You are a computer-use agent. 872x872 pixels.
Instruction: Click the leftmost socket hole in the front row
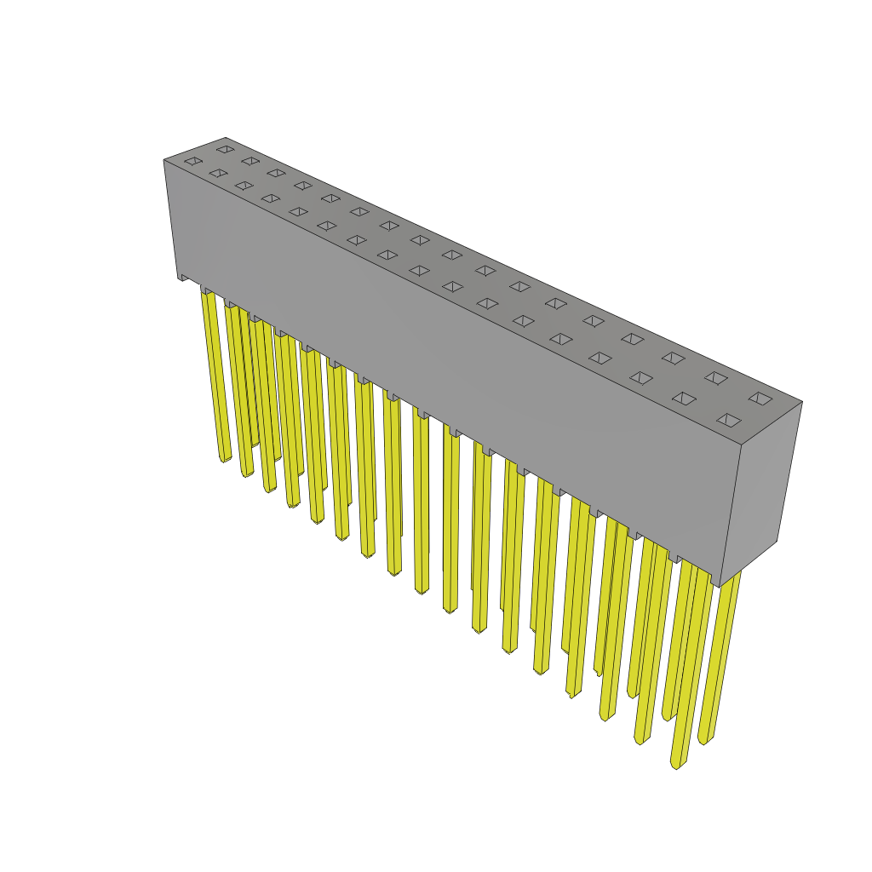[x=193, y=161]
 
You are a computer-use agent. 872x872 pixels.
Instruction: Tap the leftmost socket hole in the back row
[x=225, y=149]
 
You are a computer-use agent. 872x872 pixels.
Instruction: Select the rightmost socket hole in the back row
[x=760, y=398]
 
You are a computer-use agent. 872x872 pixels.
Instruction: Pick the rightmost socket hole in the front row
[x=729, y=420]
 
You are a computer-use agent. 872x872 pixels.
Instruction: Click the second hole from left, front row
[x=218, y=173]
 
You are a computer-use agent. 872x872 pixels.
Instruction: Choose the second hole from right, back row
[x=716, y=377]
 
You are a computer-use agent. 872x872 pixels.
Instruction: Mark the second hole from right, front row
[x=684, y=398]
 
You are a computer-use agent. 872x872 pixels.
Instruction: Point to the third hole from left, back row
[x=276, y=173]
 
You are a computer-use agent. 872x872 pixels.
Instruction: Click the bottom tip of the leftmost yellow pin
[x=226, y=460]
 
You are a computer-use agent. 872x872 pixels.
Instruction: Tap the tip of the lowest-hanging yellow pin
[x=676, y=766]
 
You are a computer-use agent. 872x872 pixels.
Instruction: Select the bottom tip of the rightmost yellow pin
[x=704, y=741]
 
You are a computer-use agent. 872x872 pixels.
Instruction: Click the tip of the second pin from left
[x=248, y=474]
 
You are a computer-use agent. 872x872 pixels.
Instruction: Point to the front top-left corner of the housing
[x=164, y=160]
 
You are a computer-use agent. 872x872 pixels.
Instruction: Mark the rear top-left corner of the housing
[x=226, y=138]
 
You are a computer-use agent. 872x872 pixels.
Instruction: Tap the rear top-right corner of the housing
[x=801, y=402]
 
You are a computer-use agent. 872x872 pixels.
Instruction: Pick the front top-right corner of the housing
[x=740, y=445]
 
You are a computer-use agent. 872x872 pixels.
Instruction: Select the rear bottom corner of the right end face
[x=776, y=541]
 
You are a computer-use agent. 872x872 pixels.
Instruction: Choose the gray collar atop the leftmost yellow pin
[x=206, y=290]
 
